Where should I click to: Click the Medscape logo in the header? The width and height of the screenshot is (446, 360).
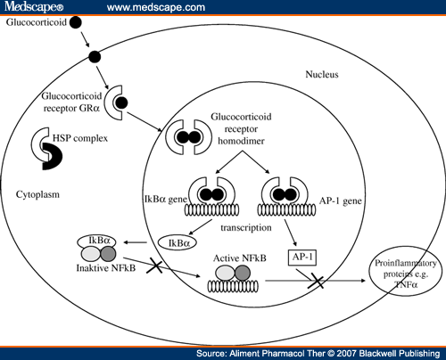coord(34,6)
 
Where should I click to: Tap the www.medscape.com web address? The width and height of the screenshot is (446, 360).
coord(156,7)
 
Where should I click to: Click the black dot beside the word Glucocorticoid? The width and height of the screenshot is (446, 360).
coord(76,22)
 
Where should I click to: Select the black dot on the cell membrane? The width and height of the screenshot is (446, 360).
coord(95,57)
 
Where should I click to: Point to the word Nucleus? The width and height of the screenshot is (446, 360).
coord(322,74)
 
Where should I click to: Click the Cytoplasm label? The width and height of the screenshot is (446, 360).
coord(37,194)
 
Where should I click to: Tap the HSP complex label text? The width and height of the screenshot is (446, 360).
coord(80,138)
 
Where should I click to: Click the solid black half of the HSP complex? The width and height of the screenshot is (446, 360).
coord(52,156)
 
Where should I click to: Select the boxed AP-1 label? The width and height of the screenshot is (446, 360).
coord(302,258)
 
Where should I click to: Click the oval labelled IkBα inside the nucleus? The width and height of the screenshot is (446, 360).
coord(178,243)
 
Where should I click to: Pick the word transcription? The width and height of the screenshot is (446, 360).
coord(246,228)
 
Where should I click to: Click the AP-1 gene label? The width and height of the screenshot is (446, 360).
coord(341,201)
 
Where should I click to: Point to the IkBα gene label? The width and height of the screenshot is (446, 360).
coord(166,199)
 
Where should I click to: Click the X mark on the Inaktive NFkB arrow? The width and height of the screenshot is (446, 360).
coord(155,266)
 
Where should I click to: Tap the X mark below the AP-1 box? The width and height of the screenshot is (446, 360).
coord(316,281)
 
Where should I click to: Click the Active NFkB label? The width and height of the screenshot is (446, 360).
coord(240,258)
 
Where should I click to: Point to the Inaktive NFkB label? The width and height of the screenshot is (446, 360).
coord(106,268)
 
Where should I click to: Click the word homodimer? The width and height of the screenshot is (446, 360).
coord(241,141)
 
